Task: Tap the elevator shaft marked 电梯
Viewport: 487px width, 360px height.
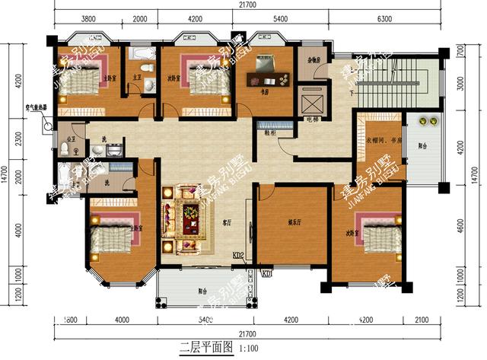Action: (x=313, y=100)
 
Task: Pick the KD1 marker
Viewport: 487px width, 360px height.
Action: (x=267, y=273)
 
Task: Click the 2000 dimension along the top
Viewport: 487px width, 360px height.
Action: (x=141, y=21)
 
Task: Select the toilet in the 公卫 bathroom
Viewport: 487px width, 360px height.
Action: (x=64, y=149)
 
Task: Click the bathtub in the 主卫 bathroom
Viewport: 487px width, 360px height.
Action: (x=142, y=54)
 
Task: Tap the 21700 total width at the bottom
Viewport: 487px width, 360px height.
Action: (x=245, y=333)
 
